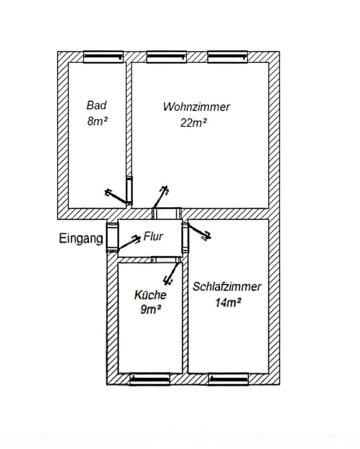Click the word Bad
[97, 105]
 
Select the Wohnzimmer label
[197, 107]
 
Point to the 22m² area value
[194, 123]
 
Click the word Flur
[154, 237]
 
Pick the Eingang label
[81, 239]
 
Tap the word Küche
[150, 295]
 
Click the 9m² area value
[151, 309]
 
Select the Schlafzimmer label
[227, 287]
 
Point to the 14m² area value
[228, 303]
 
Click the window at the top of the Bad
[103, 57]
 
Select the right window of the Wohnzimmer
[228, 57]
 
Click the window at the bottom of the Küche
[149, 378]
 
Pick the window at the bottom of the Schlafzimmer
[228, 378]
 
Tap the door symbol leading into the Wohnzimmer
[160, 197]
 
